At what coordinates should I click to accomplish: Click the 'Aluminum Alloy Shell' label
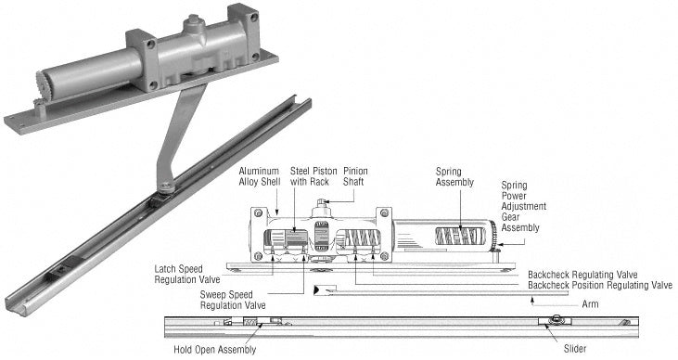[x=259, y=176]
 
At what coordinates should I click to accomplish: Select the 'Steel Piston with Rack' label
[x=313, y=176]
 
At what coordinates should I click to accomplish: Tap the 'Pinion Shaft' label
[x=355, y=176]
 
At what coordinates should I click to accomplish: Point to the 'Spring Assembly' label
[x=454, y=177]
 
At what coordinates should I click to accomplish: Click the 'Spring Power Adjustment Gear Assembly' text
[x=524, y=206]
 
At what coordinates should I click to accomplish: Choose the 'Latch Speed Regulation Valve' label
[x=187, y=275]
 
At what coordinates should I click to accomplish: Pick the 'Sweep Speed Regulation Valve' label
[x=233, y=300]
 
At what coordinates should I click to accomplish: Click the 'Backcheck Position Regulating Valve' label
[x=600, y=286]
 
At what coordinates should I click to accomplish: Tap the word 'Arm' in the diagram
[x=590, y=304]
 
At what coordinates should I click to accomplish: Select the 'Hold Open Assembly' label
[x=215, y=349]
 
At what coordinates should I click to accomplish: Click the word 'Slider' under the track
[x=575, y=349]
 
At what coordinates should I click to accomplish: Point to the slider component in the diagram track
[x=555, y=321]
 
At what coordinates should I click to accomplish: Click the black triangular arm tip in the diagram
[x=317, y=289]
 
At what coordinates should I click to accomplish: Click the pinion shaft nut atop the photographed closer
[x=193, y=19]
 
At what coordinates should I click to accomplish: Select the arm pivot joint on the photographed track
[x=166, y=186]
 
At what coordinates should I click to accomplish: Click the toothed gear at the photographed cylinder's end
[x=41, y=85]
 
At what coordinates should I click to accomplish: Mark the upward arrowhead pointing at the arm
[x=532, y=299]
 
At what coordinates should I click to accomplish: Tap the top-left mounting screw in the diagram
[x=258, y=213]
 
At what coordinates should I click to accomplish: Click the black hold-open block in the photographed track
[x=65, y=266]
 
